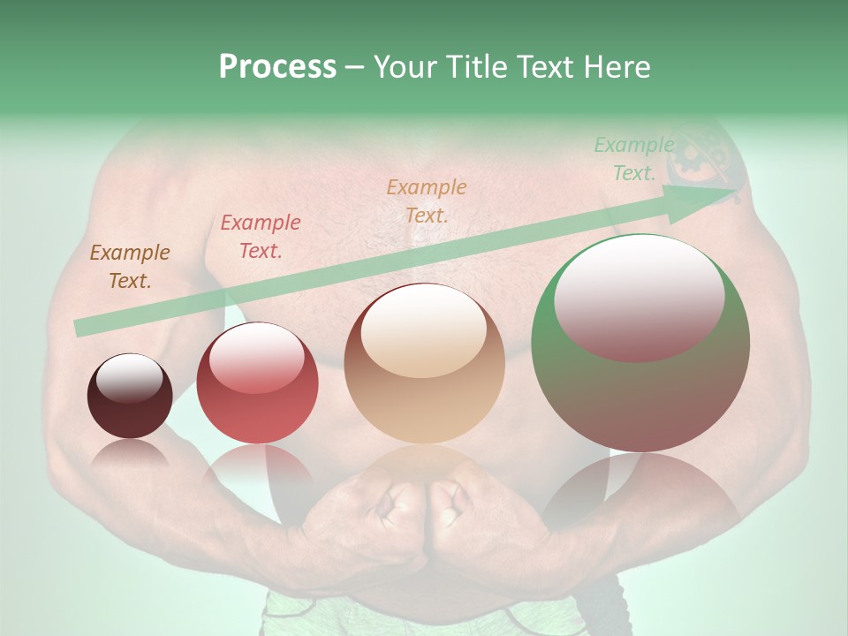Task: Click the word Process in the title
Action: click(x=277, y=67)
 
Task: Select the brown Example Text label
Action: click(x=129, y=267)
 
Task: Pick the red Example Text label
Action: click(x=260, y=237)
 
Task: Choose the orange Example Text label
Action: click(x=426, y=201)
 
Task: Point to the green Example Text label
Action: click(x=633, y=159)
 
